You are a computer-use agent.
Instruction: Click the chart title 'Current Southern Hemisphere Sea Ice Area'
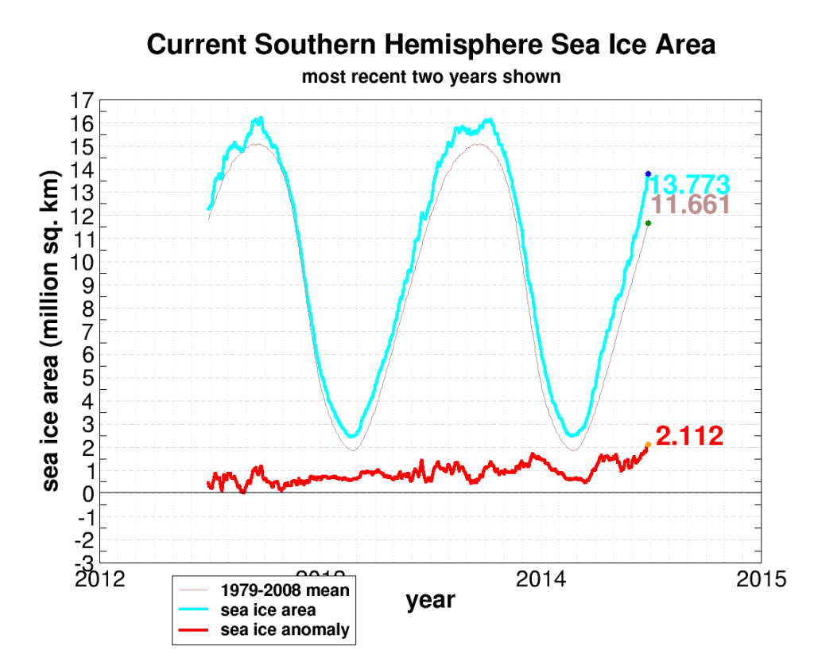[431, 45]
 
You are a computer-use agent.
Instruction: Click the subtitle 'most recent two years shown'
[431, 77]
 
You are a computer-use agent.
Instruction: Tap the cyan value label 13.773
[689, 185]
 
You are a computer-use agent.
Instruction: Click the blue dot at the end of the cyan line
[648, 173]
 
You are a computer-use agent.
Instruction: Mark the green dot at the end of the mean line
[648, 223]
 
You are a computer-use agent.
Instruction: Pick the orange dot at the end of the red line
[648, 445]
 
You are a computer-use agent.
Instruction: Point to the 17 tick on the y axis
[83, 101]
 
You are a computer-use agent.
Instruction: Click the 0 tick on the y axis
[88, 493]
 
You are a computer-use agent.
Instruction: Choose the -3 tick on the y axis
[84, 563]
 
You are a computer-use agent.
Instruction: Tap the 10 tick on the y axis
[83, 263]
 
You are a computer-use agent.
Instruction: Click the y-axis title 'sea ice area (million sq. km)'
[51, 330]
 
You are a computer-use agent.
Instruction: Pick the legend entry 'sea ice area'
[268, 610]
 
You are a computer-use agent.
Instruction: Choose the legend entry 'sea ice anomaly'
[285, 630]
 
